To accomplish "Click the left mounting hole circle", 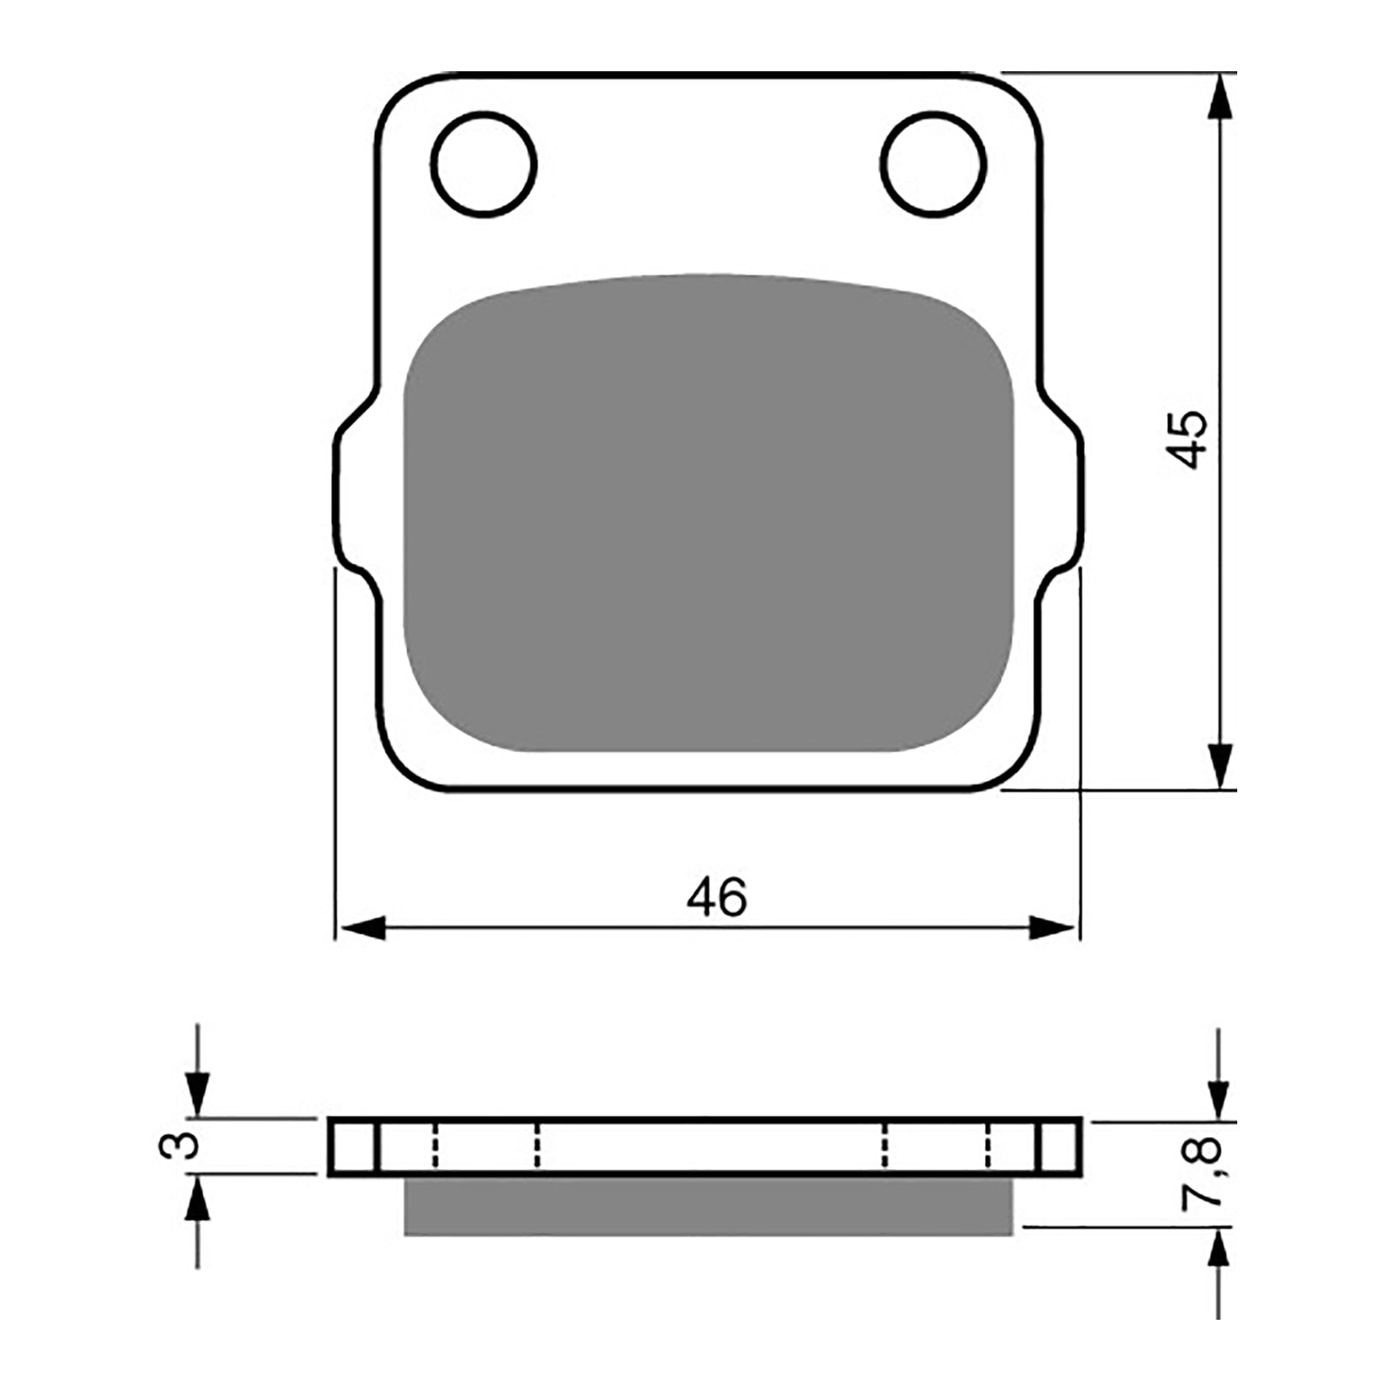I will (x=483, y=163).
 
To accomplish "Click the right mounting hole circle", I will (x=933, y=163).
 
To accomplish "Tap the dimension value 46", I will (x=716, y=897).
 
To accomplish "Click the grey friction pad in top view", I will (x=709, y=513).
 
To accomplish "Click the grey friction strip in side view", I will (x=709, y=1207).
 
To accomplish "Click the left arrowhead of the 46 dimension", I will (x=362, y=928).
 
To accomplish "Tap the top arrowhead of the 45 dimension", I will (x=1221, y=96).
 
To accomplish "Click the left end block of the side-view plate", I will (x=353, y=1147).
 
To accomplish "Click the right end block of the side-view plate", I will (x=1061, y=1147).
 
